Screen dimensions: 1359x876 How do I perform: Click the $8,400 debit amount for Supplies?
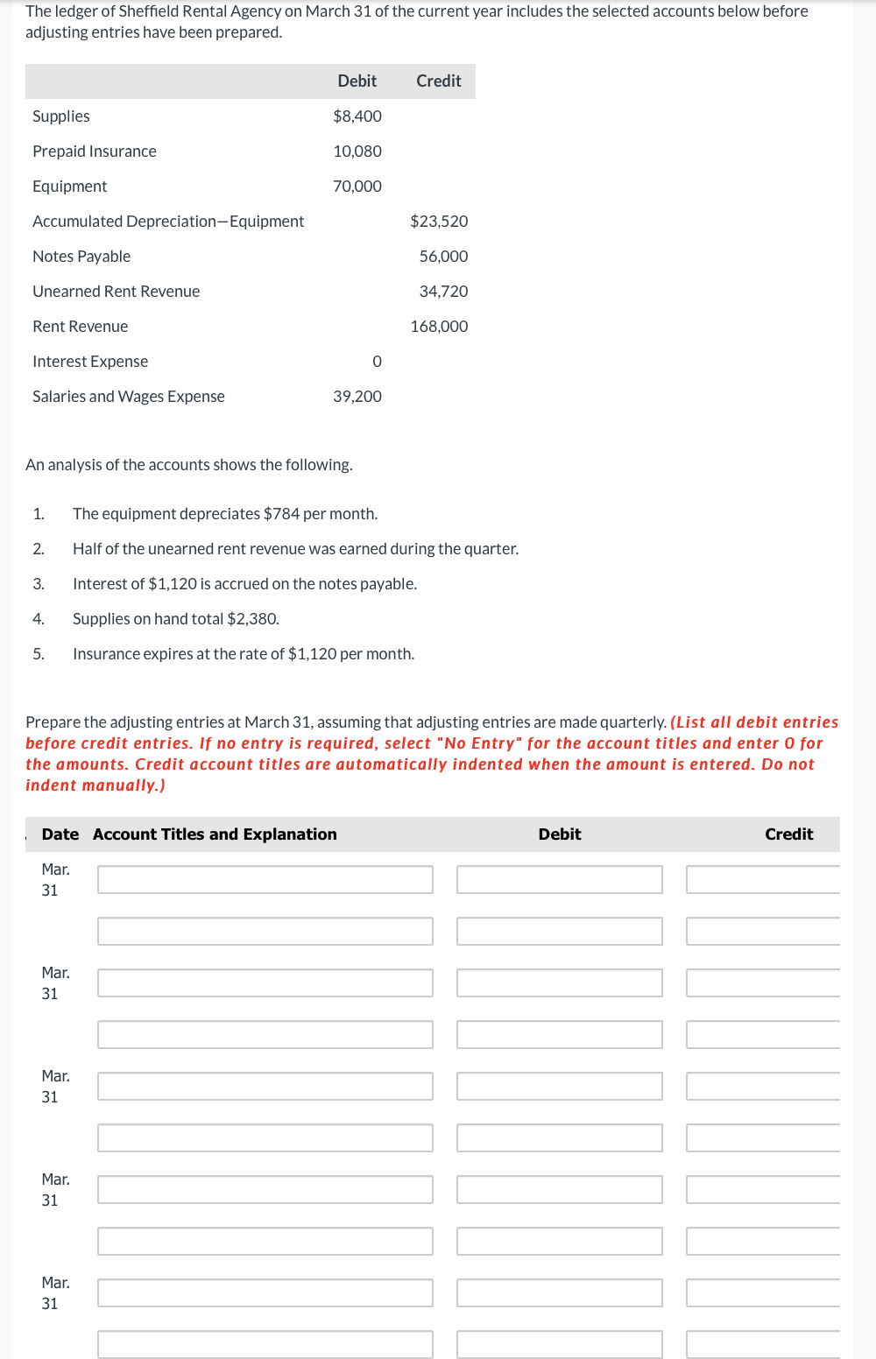click(357, 116)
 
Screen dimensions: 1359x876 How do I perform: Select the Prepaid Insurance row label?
click(95, 151)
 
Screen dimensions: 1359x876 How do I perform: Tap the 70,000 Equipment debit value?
click(357, 187)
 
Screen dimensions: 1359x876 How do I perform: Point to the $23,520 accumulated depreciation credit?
click(439, 222)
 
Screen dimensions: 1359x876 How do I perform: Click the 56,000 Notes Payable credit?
click(443, 257)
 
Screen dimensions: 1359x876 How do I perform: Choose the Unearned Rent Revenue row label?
click(116, 292)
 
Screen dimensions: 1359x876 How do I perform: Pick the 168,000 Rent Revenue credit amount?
click(439, 327)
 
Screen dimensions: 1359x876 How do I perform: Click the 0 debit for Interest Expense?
click(377, 362)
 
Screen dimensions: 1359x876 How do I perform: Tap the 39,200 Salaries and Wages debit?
click(357, 397)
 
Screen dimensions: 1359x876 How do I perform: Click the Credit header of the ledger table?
click(438, 81)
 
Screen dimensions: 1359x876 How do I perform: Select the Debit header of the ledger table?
click(357, 81)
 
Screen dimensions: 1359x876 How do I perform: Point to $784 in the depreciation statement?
click(281, 514)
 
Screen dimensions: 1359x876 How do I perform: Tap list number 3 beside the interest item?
click(39, 584)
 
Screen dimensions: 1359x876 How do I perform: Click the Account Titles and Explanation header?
click(215, 834)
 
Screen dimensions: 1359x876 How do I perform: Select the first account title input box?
click(265, 879)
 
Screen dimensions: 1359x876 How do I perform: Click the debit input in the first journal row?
click(559, 879)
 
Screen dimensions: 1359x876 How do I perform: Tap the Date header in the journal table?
click(60, 834)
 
